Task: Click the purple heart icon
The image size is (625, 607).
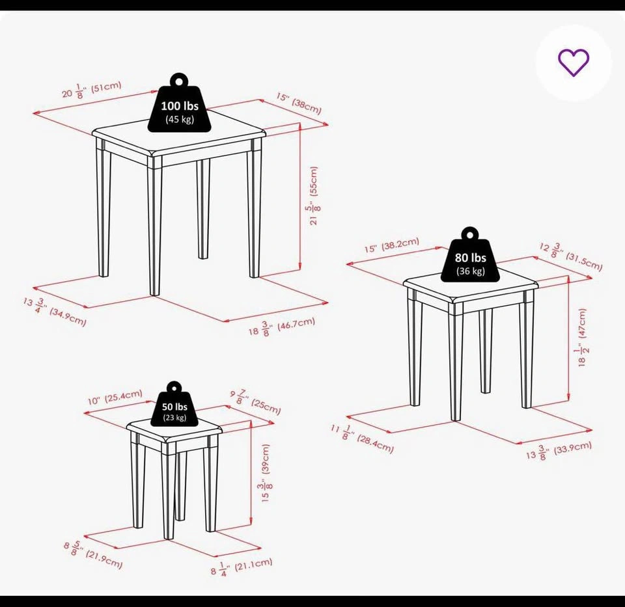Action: point(573,62)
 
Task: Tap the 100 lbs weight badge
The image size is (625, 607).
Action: point(180,103)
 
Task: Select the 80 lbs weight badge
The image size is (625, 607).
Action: point(470,255)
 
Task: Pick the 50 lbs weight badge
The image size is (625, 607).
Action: point(174,403)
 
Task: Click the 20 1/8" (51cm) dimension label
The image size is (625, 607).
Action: point(92,90)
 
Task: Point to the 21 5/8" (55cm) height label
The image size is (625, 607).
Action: point(314,196)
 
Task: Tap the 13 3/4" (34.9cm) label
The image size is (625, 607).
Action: point(55,312)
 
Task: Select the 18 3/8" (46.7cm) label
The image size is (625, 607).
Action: point(282,327)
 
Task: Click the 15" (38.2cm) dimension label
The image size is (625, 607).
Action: point(392,245)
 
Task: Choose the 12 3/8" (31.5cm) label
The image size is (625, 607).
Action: point(571,256)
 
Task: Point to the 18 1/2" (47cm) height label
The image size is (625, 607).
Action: point(582,337)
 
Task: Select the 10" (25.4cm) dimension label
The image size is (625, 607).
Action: point(115,397)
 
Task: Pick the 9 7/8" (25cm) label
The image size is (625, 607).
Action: point(255,403)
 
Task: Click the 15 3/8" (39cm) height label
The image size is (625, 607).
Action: point(267,473)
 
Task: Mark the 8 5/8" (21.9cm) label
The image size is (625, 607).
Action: point(93,554)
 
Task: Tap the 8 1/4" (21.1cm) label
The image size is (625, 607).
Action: point(242,567)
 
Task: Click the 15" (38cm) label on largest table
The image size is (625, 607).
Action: point(299,103)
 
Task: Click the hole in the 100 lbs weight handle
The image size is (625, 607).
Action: point(180,81)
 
